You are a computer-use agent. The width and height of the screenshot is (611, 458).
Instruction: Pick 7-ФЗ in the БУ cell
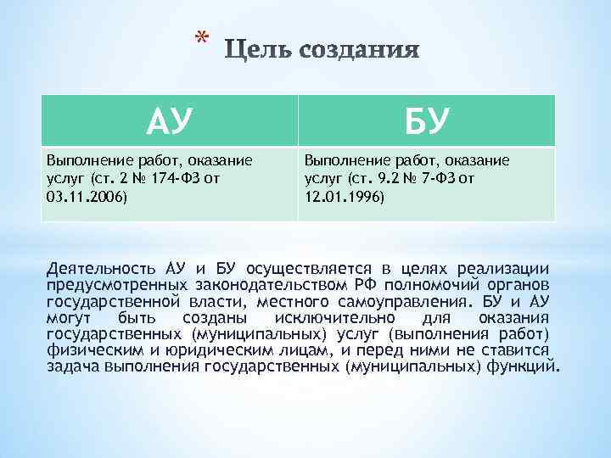[439, 179]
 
